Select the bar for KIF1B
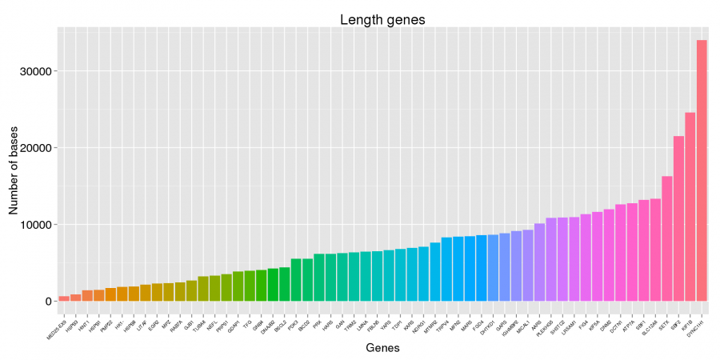(x=690, y=207)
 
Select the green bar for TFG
(x=250, y=286)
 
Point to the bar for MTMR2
(x=435, y=272)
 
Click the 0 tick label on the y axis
(x=48, y=302)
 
